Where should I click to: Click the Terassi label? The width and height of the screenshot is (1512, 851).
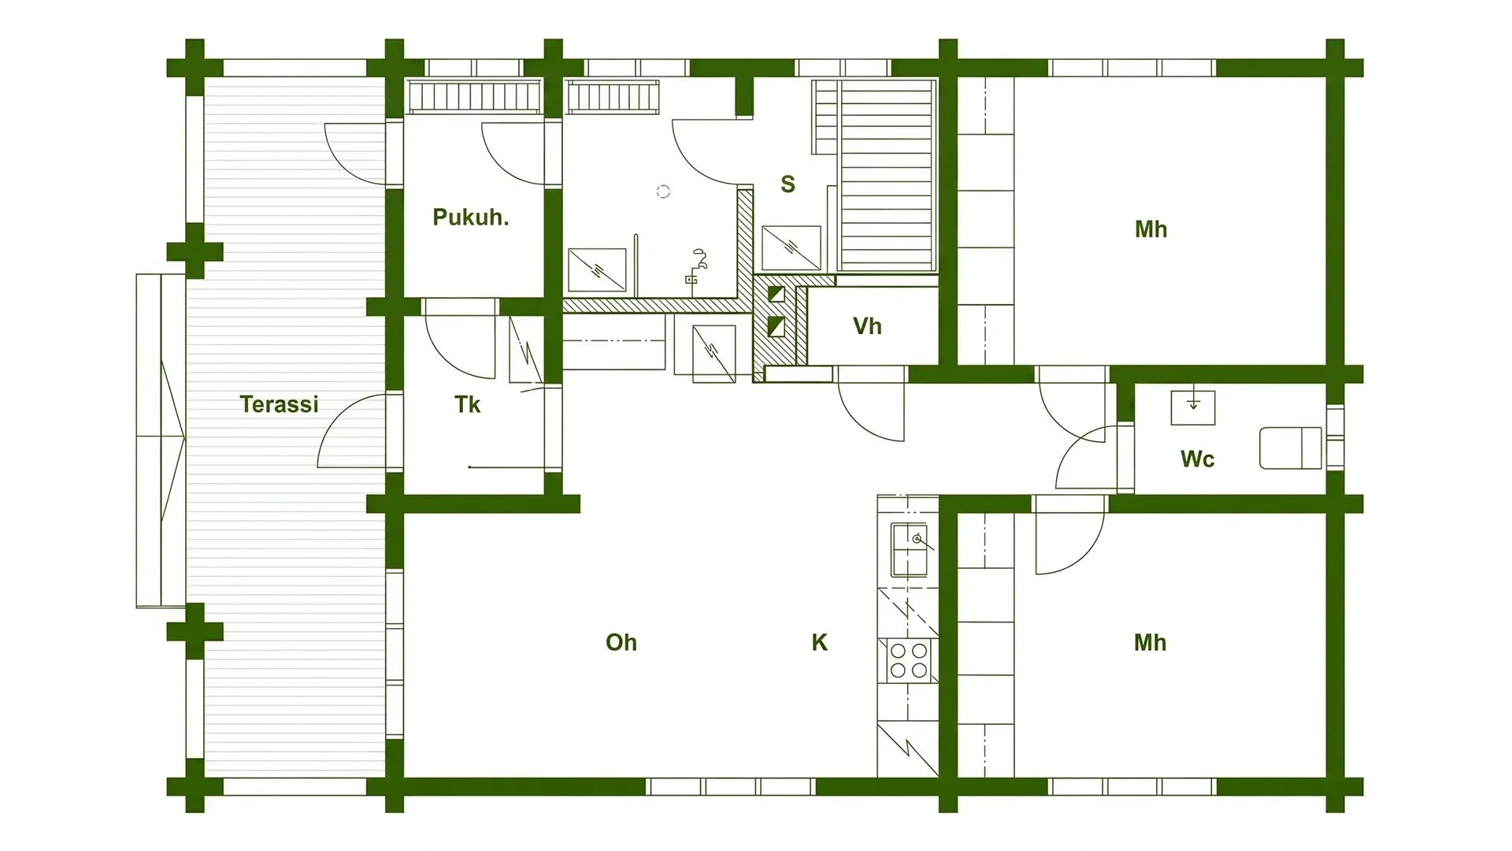click(279, 404)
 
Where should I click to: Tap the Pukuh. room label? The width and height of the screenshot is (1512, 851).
click(471, 217)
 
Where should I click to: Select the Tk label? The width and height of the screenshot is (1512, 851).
click(467, 404)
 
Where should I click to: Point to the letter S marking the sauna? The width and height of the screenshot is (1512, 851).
click(787, 184)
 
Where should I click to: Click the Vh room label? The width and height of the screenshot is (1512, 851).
click(867, 326)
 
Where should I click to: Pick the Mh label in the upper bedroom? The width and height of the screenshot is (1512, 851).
click(1151, 229)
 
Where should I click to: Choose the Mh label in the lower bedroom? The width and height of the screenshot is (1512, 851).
click(1150, 642)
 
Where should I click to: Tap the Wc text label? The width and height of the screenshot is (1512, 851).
click(1197, 459)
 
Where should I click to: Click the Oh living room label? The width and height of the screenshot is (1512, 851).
click(621, 642)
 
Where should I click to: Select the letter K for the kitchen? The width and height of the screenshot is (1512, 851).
click(819, 642)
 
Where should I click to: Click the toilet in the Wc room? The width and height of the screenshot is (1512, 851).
click(1291, 448)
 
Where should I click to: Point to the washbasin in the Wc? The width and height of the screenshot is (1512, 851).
click(1193, 407)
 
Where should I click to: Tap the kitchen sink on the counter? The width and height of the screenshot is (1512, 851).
click(910, 549)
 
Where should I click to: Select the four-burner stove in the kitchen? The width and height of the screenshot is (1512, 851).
click(909, 660)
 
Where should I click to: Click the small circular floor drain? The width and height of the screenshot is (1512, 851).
click(663, 191)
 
